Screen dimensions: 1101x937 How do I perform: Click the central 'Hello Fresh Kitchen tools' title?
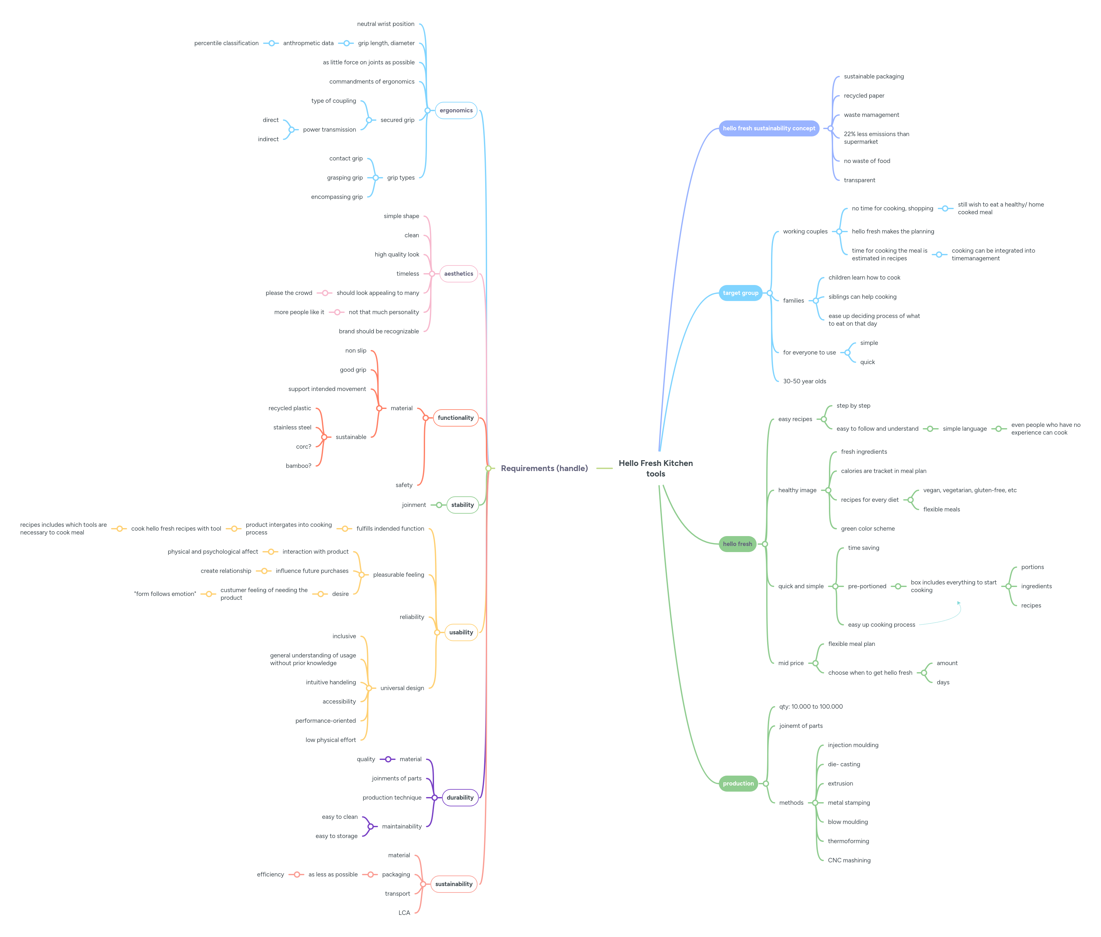pyautogui.click(x=655, y=468)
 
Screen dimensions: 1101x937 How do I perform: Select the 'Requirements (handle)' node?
pyautogui.click(x=544, y=468)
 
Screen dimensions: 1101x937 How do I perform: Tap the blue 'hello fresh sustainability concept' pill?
pyautogui.click(x=769, y=128)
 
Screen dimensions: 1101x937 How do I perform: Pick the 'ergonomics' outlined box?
pyautogui.click(x=456, y=110)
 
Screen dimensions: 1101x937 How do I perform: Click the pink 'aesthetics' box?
pyautogui.click(x=459, y=273)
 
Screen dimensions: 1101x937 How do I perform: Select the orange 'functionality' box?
pyautogui.click(x=455, y=418)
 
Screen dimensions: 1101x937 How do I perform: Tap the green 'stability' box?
pyautogui.click(x=462, y=505)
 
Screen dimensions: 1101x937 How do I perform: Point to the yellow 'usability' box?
pyautogui.click(x=461, y=632)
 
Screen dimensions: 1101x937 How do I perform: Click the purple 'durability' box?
pyautogui.click(x=460, y=797)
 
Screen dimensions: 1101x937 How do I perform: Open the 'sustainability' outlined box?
pyautogui.click(x=454, y=884)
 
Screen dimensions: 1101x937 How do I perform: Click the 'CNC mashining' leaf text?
pyautogui.click(x=849, y=860)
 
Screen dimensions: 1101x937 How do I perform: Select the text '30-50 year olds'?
pyautogui.click(x=804, y=381)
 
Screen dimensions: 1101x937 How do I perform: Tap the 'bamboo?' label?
pyautogui.click(x=298, y=466)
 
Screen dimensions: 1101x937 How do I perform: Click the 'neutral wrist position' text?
pyautogui.click(x=385, y=24)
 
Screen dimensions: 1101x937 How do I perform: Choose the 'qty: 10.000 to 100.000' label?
pyautogui.click(x=811, y=706)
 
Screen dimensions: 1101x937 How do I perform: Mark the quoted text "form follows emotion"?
pyautogui.click(x=165, y=594)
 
